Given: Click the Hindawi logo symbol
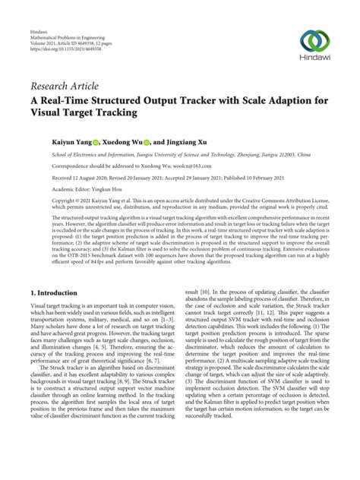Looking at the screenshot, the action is click(x=315, y=41).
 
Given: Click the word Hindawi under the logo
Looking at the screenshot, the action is click(x=315, y=59).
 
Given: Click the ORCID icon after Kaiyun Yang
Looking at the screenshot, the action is click(x=96, y=141).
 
